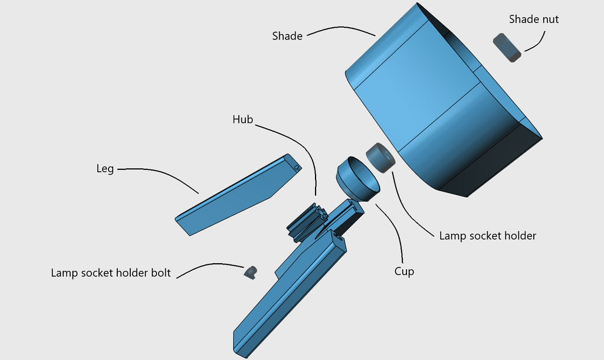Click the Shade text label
[x=287, y=36]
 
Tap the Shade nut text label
[x=534, y=19]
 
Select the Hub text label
[x=242, y=120]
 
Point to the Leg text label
[x=105, y=169]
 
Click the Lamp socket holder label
[x=487, y=236]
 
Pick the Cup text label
[x=404, y=271]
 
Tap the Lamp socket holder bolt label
[x=111, y=273]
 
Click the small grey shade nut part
[x=507, y=47]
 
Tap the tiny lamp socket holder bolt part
[x=251, y=272]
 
